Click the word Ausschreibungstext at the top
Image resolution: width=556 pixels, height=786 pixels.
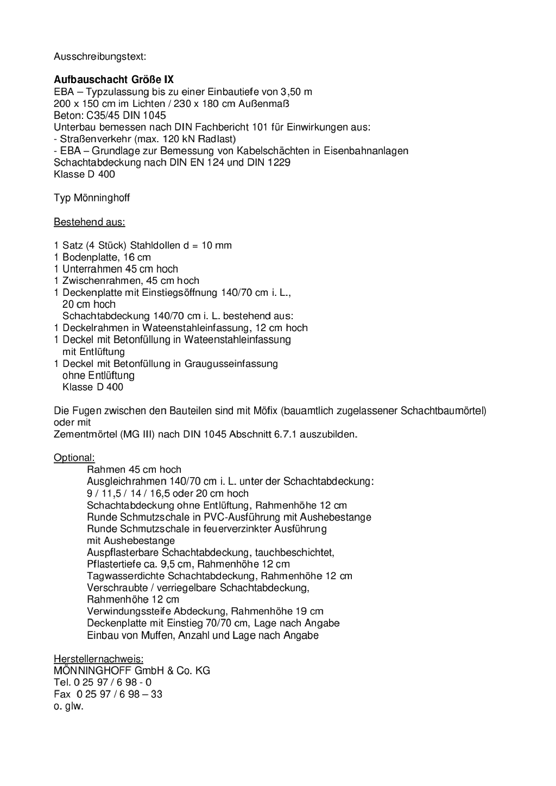click(x=100, y=56)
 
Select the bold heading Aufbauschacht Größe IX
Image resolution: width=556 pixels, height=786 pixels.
click(x=113, y=80)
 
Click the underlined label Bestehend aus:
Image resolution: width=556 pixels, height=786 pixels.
click(x=89, y=222)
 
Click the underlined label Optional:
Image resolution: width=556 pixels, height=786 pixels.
click(x=74, y=458)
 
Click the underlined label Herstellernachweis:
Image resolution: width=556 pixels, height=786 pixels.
click(x=98, y=659)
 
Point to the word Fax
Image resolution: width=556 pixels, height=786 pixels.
click(x=62, y=694)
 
